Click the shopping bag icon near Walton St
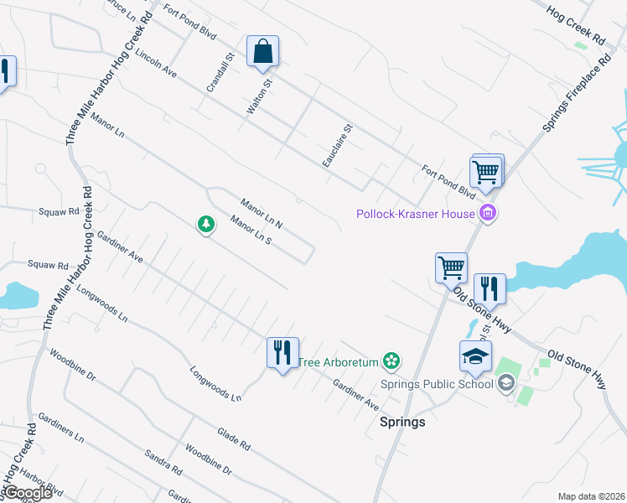[262, 51]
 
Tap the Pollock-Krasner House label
[417, 214]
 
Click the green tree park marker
[205, 224]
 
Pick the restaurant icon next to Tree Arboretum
[282, 351]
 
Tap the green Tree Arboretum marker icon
[390, 361]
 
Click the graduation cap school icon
[475, 355]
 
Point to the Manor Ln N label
[262, 213]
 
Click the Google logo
[28, 493]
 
